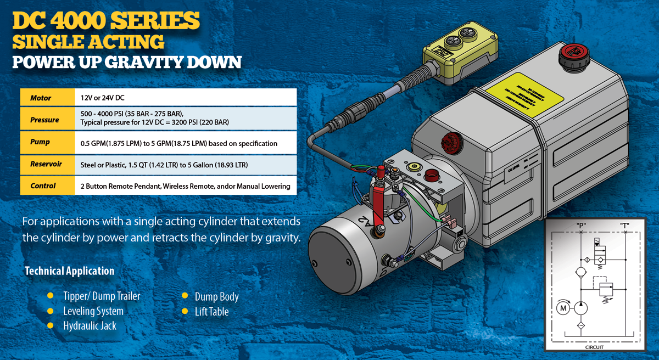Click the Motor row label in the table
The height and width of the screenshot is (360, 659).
click(41, 98)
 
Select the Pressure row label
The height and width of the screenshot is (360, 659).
click(44, 120)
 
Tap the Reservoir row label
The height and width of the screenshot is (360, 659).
click(46, 164)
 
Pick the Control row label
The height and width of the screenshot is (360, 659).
click(43, 186)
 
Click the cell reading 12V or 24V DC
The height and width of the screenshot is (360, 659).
click(102, 98)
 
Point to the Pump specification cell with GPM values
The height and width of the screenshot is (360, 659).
click(178, 143)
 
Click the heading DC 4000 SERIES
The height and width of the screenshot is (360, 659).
click(105, 21)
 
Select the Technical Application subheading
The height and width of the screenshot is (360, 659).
click(70, 271)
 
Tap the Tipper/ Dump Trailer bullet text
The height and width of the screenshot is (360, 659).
click(102, 296)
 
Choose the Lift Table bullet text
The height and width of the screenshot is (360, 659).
click(211, 312)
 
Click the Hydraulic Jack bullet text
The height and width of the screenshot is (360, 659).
click(90, 326)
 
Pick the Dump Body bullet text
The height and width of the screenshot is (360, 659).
click(216, 297)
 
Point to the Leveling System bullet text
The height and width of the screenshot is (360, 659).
click(93, 311)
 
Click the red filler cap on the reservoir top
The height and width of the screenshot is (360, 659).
click(571, 55)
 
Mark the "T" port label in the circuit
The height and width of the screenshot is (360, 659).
click(624, 225)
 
